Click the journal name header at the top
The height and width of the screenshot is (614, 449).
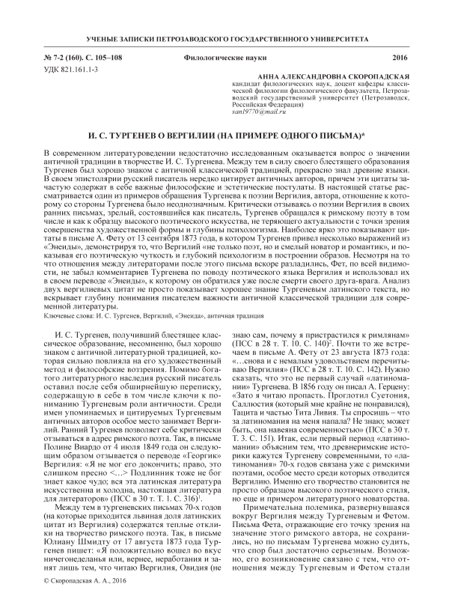click(x=224, y=37)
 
